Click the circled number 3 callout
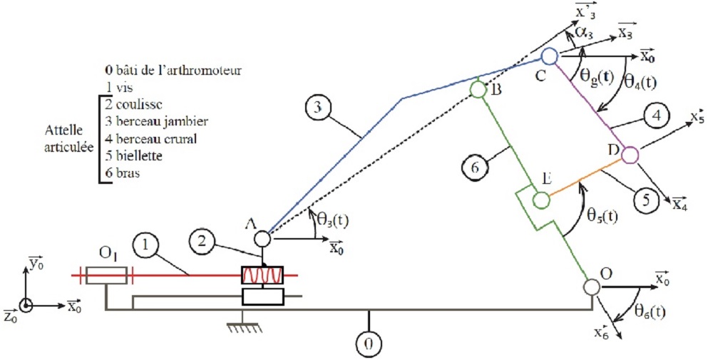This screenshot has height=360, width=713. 314,108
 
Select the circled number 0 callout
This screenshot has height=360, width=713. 369,344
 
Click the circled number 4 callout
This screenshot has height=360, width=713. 655,114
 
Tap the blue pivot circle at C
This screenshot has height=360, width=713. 549,55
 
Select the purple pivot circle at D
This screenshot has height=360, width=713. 630,154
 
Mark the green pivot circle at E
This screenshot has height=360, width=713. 540,200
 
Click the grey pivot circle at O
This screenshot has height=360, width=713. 590,286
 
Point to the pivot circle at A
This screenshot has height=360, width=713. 261,239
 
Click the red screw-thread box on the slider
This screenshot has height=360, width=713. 262,275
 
